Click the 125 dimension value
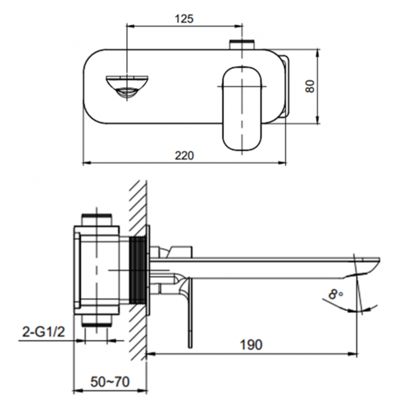pos(184,18)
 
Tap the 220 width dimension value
pos(184,156)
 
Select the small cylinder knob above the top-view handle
pos(239,45)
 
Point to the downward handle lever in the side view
pos(189,312)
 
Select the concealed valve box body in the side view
pos(101,269)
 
